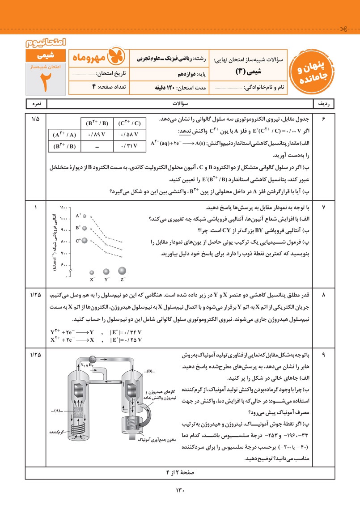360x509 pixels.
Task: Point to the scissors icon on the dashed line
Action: pos(343,30)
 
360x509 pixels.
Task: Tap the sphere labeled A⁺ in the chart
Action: pos(84,216)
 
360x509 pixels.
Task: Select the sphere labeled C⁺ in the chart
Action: pos(85,240)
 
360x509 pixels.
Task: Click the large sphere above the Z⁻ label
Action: pos(122,271)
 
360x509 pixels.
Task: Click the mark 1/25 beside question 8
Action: pos(35,295)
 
